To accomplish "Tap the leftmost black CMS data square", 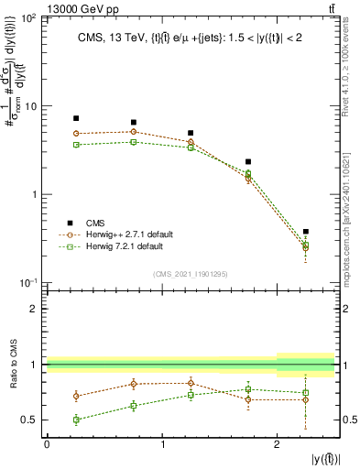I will (x=76, y=118).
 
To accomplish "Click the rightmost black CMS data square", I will (x=305, y=232).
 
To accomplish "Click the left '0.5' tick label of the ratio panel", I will (x=30, y=420).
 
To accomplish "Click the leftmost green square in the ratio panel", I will (x=76, y=420).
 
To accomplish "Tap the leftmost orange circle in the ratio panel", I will (x=76, y=396).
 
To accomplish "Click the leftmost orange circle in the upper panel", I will (x=76, y=134).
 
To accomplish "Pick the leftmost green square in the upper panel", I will (x=76, y=145).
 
